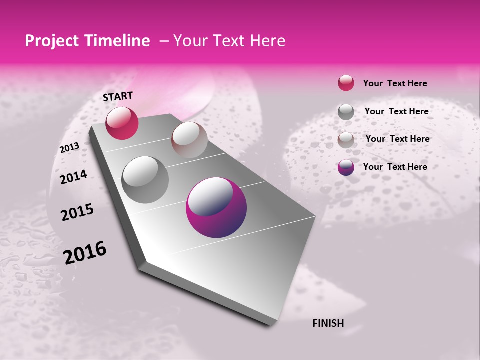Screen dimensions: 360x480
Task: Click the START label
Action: pos(118,96)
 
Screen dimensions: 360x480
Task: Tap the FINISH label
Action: pos(328,323)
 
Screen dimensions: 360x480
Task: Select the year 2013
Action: pos(69,148)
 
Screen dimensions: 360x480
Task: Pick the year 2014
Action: pos(73,177)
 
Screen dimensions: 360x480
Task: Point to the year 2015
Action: pos(77,212)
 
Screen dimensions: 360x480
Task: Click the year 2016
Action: pos(85,252)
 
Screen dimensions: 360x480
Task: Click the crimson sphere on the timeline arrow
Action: pos(122,123)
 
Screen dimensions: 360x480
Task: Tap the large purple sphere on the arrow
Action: pos(216,207)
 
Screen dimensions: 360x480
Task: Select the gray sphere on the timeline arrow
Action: pos(145,180)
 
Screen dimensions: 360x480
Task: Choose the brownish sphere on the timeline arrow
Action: pos(189,140)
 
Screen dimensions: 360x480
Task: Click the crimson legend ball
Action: pos(346,83)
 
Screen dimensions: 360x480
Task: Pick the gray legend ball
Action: pos(346,111)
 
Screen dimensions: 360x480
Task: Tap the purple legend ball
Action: pos(346,167)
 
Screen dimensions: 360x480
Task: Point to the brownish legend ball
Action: pos(346,139)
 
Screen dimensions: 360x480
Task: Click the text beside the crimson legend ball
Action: pos(395,83)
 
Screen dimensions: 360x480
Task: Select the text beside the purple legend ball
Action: pos(395,167)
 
